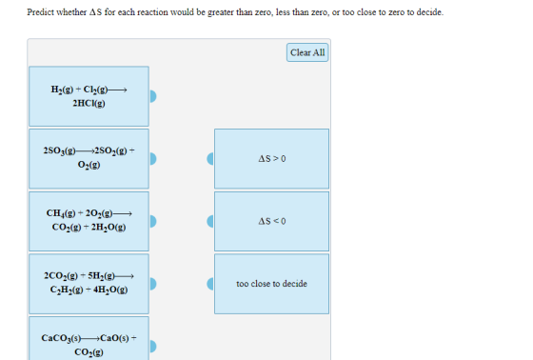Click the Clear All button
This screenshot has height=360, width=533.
pyautogui.click(x=307, y=52)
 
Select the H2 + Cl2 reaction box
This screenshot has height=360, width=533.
pyautogui.click(x=89, y=96)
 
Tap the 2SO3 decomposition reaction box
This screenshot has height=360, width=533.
pyautogui.click(x=89, y=158)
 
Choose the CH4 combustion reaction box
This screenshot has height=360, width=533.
pyautogui.click(x=89, y=221)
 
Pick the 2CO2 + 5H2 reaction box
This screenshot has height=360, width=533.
pyautogui.click(x=89, y=284)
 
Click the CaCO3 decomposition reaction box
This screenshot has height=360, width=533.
pyautogui.click(x=89, y=338)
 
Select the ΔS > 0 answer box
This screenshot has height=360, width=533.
pyautogui.click(x=271, y=158)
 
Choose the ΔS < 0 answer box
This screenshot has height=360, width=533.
pyautogui.click(x=271, y=221)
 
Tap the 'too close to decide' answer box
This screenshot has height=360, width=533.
pyautogui.click(x=271, y=284)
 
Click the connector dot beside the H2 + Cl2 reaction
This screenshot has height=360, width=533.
pyautogui.click(x=153, y=96)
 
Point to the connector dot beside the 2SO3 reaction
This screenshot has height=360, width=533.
pyautogui.click(x=153, y=158)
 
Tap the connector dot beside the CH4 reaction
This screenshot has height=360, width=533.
pyautogui.click(x=153, y=221)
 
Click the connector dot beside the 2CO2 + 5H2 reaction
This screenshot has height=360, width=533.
pyautogui.click(x=153, y=284)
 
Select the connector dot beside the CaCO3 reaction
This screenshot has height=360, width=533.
pyautogui.click(x=153, y=347)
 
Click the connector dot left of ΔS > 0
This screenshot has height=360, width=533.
pyautogui.click(x=210, y=158)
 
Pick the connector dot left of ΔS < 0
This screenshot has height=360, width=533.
pyautogui.click(x=210, y=221)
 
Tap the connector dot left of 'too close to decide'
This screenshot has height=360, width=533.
pyautogui.click(x=210, y=284)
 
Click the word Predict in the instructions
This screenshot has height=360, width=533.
pyautogui.click(x=40, y=12)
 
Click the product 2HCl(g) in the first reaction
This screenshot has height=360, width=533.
pyautogui.click(x=89, y=103)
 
